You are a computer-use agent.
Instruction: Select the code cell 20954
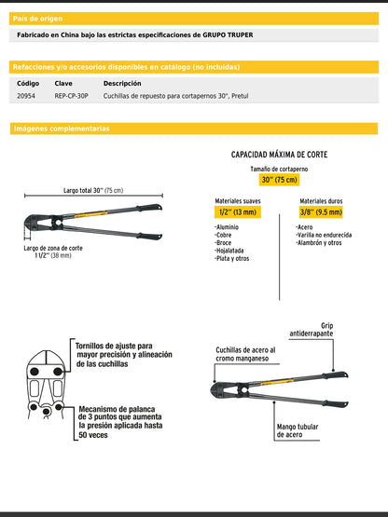27,96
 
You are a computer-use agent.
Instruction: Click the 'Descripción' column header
122,83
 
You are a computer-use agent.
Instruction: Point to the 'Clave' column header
63,83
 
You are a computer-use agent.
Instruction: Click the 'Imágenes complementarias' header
62,129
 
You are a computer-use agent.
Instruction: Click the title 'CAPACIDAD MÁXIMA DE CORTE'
285,155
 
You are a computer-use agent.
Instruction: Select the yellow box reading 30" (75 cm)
278,180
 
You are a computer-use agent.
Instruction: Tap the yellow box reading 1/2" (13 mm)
238,212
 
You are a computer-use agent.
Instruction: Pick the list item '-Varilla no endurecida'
326,235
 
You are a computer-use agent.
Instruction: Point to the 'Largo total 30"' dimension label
92,191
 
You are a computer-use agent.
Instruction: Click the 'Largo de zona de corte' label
55,249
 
